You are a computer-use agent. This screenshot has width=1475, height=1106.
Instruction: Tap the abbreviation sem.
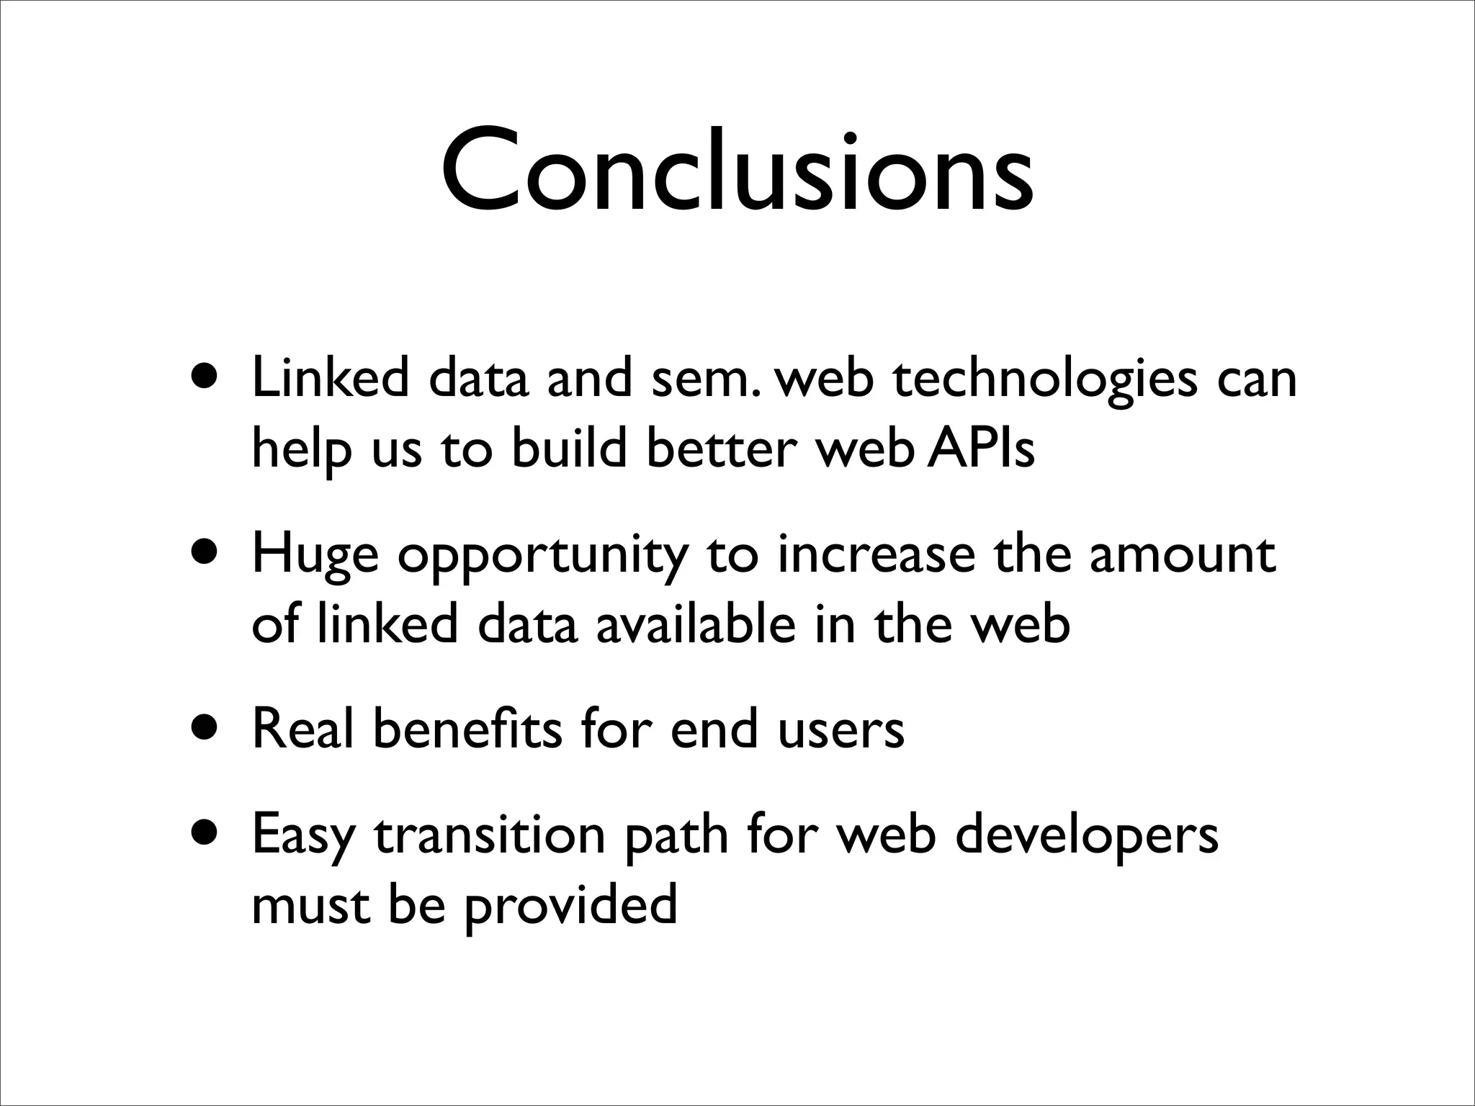point(704,380)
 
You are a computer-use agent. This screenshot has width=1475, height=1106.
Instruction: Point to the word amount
point(1182,554)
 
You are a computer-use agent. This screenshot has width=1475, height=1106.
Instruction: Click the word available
point(695,624)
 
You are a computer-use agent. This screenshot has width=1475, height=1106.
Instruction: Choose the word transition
point(490,835)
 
